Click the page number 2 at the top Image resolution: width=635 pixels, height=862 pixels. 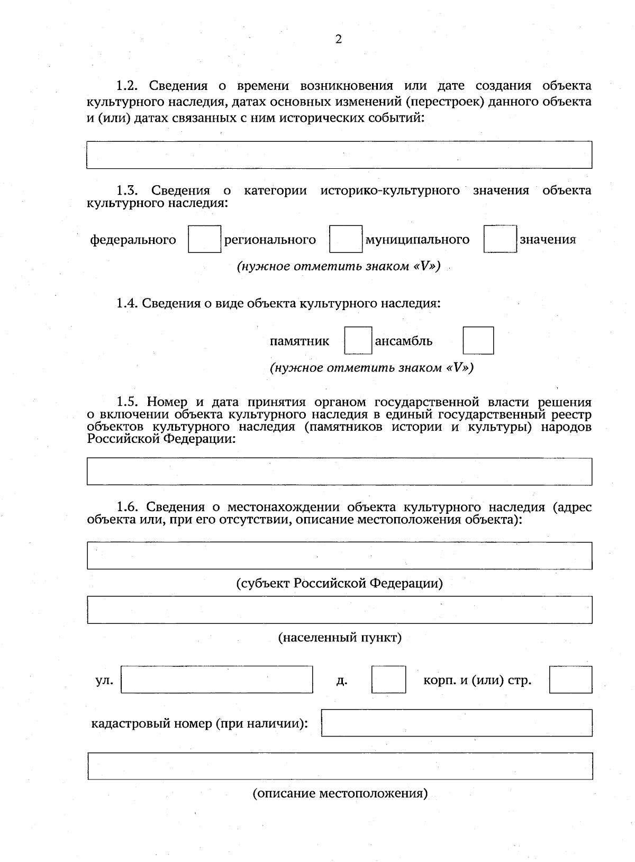[339, 39]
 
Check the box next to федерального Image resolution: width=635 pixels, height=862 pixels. [204, 239]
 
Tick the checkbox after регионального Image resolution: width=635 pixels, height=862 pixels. [346, 239]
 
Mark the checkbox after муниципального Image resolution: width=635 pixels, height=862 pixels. [500, 239]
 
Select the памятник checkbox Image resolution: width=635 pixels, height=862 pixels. [358, 340]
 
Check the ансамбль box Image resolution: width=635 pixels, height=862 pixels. [478, 340]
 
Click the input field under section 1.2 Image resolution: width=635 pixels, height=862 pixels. [339, 155]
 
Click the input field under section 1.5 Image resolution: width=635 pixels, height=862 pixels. [339, 471]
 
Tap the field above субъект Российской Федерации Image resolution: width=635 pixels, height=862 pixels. [339, 556]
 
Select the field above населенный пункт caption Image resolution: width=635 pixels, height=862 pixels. [339, 610]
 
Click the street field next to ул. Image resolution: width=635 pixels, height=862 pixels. [216, 679]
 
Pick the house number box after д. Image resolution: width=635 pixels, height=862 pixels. [388, 679]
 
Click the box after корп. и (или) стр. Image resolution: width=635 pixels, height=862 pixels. [570, 679]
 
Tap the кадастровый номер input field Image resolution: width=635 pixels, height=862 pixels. [456, 723]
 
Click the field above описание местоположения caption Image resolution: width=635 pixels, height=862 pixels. [339, 766]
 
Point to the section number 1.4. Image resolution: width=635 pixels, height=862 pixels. [127, 304]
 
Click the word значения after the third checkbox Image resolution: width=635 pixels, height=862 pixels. [548, 240]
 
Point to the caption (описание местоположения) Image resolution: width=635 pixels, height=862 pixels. [340, 793]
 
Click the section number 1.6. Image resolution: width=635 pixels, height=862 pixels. [128, 507]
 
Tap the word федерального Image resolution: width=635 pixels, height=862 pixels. [133, 240]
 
